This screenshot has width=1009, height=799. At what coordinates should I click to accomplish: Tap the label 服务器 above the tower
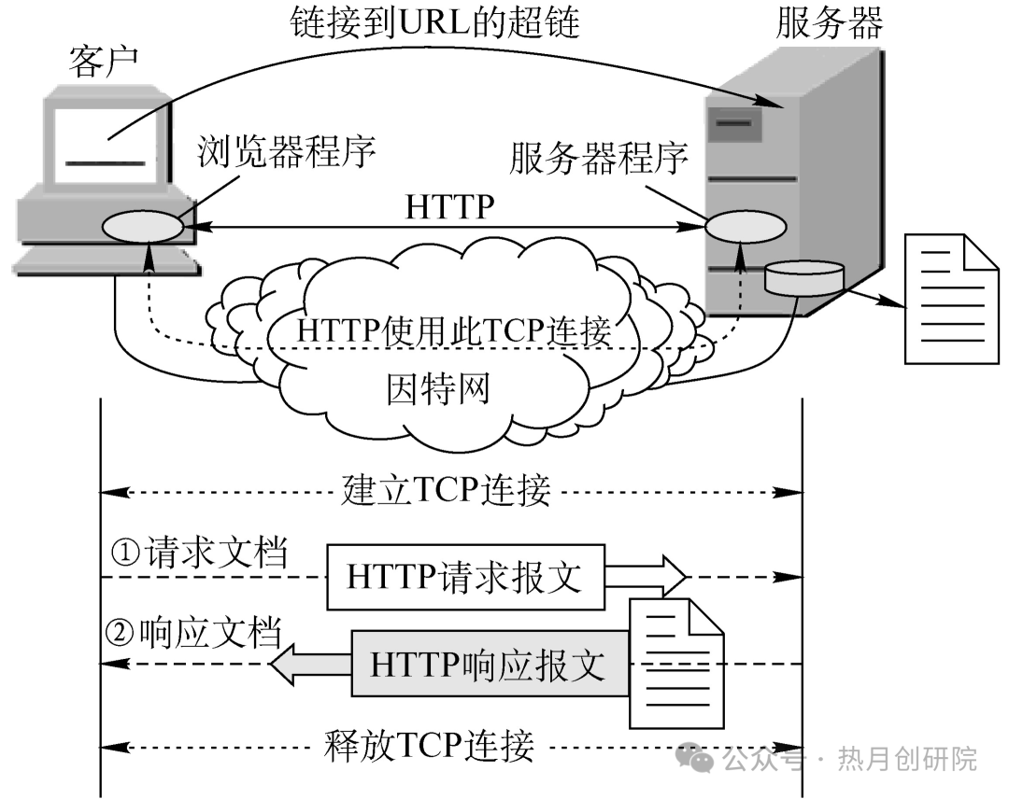[829, 23]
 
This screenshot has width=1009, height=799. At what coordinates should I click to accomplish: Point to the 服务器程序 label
[598, 159]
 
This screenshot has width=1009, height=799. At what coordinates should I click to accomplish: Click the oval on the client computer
[143, 228]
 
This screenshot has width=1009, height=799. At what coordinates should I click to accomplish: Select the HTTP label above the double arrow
[448, 206]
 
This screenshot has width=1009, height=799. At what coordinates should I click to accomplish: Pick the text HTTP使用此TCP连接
[454, 330]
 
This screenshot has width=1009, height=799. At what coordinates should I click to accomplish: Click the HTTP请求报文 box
[464, 577]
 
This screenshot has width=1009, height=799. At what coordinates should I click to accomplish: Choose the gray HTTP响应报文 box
[489, 665]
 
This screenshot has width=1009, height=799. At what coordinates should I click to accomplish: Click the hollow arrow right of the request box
[647, 575]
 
